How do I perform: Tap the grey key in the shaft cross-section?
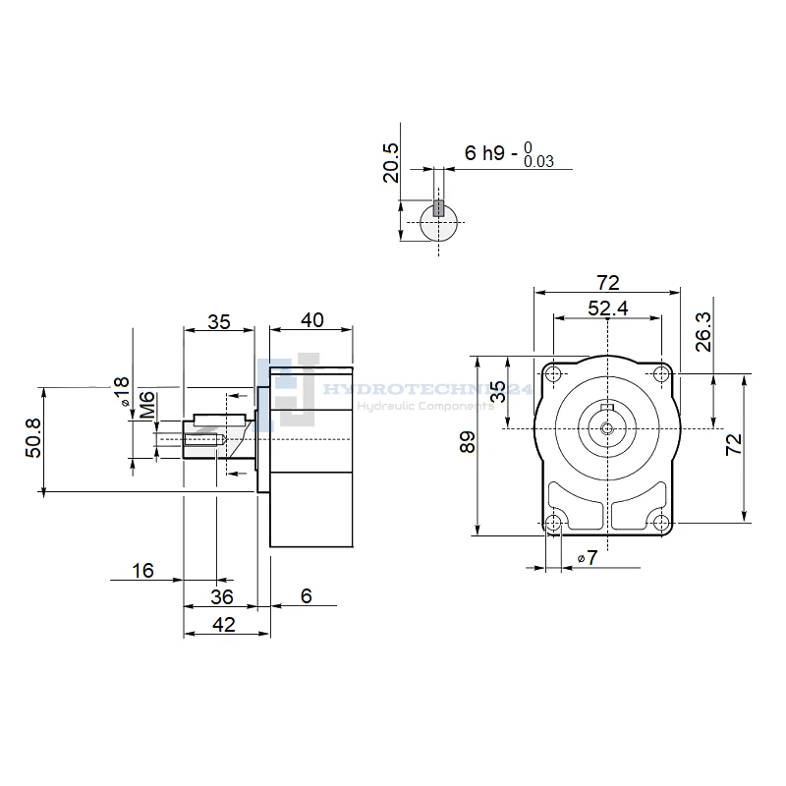(x=439, y=208)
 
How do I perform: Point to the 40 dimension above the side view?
(x=311, y=320)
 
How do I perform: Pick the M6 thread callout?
(x=146, y=404)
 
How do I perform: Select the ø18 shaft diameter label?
(x=122, y=391)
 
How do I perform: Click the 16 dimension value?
(x=142, y=570)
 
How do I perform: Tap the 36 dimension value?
(x=223, y=596)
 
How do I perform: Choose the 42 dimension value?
(x=224, y=624)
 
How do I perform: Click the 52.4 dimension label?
(x=608, y=309)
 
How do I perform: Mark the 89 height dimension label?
(x=469, y=443)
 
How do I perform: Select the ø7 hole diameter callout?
(x=588, y=558)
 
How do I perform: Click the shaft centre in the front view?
(x=608, y=428)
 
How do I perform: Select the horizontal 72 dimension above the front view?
(x=608, y=283)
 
